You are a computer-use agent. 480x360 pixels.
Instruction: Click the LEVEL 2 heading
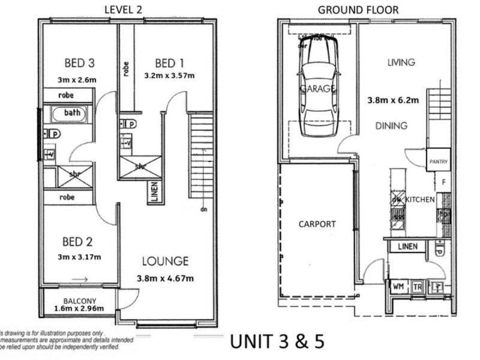125,9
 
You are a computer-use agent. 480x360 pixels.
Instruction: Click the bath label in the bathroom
72,113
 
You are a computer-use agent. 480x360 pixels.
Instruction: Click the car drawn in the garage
318,87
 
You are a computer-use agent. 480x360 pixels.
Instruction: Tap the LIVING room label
401,62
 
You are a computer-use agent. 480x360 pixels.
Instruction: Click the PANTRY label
438,162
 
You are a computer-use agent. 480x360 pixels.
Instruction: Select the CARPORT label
317,224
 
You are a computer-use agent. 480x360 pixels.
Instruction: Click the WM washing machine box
398,287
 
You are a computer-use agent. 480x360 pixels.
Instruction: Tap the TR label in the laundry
417,288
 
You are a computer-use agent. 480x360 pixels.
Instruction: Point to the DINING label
391,126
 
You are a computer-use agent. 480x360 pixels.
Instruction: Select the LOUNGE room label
165,261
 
